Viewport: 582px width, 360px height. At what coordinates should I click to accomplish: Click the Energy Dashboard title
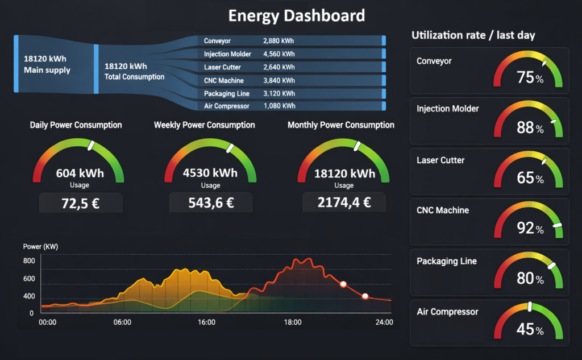[x=296, y=15]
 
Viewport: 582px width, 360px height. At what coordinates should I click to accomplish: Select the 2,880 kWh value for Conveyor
[x=278, y=41]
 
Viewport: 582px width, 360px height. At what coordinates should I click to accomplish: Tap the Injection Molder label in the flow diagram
[x=227, y=54]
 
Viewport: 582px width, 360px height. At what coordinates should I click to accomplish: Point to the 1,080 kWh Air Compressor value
[x=279, y=106]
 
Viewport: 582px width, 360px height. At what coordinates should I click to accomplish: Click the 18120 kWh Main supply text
[x=47, y=64]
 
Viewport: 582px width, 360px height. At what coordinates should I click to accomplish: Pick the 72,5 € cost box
[x=80, y=203]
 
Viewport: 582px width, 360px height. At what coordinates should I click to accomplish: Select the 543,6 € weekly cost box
[x=210, y=203]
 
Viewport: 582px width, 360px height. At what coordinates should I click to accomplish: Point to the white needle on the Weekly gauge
[x=230, y=148]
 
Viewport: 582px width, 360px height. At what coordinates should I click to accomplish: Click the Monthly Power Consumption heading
[x=340, y=125]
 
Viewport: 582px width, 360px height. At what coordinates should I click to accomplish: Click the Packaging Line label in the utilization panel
[x=447, y=261]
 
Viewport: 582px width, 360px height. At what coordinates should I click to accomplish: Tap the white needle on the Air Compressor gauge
[x=530, y=307]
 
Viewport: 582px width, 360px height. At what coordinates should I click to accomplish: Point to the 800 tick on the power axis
[x=29, y=261]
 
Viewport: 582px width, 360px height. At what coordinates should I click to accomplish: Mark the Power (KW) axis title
[x=40, y=247]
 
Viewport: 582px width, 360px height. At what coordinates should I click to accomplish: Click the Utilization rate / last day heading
[x=473, y=35]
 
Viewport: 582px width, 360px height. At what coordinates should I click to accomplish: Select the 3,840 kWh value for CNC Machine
[x=279, y=80]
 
